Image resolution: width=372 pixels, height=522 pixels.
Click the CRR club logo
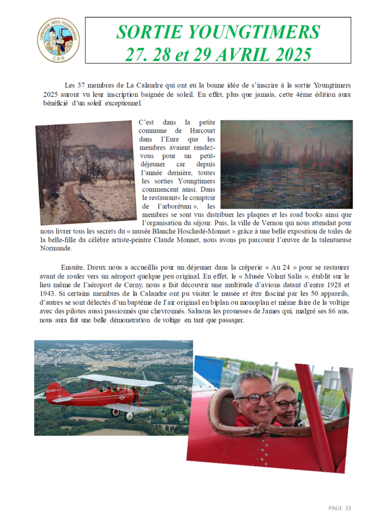point(58,40)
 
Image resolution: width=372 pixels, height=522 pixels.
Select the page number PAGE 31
point(340,508)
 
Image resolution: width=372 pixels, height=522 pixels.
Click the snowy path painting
point(85,172)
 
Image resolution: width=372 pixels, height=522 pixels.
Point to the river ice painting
point(286,164)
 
